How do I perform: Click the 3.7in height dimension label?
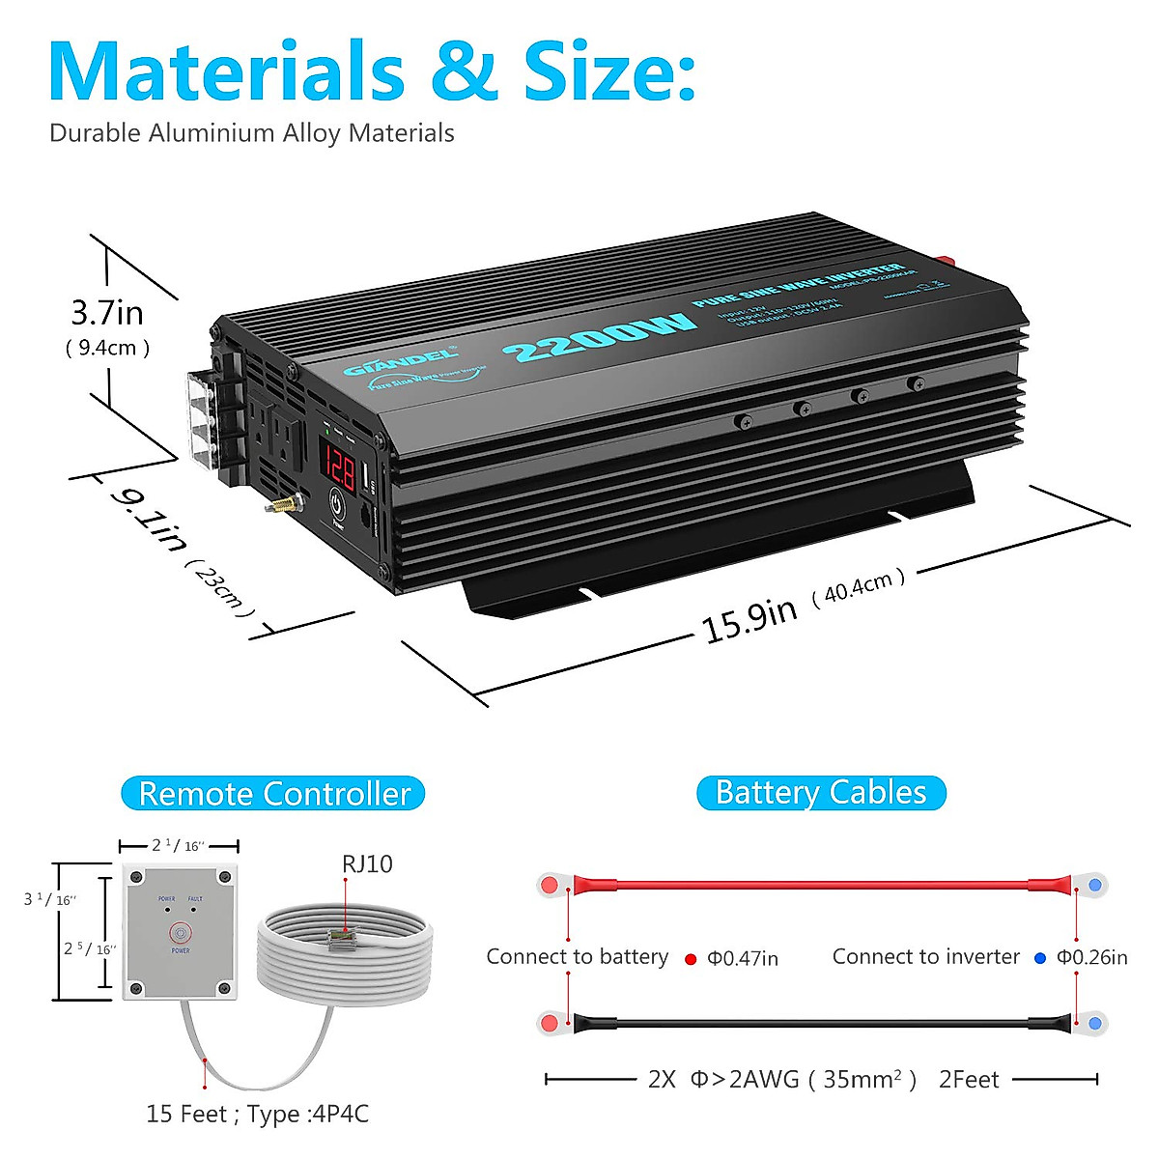click(107, 313)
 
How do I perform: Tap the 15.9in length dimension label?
click(749, 619)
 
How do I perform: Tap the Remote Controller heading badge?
click(273, 794)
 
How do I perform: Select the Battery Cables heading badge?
click(821, 793)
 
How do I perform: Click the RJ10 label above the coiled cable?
click(367, 863)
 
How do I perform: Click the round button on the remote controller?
click(180, 933)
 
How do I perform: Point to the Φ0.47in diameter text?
click(743, 958)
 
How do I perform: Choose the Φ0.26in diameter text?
click(1091, 957)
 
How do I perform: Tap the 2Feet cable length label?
click(969, 1079)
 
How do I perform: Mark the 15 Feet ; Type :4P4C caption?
click(257, 1114)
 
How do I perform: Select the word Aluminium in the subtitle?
click(212, 133)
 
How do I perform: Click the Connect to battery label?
click(577, 957)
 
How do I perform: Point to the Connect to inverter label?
click(925, 957)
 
